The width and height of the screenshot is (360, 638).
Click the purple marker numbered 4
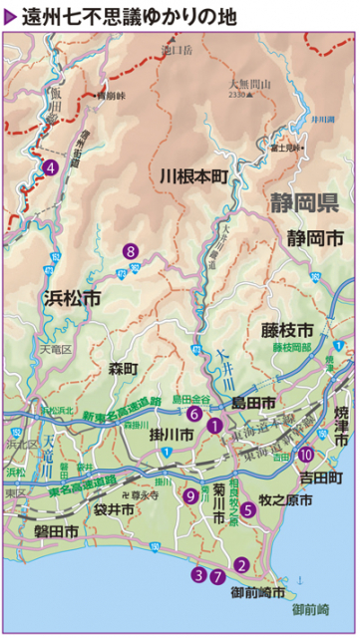coord(49,166)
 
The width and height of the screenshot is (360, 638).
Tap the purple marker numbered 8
coord(129,251)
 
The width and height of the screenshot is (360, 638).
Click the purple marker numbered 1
coord(214,425)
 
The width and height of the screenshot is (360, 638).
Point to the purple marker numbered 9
coord(190,495)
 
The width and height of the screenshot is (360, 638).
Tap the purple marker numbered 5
coord(248,508)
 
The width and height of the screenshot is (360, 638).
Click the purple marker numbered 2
coord(241,563)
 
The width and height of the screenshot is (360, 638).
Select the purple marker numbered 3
coord(199,574)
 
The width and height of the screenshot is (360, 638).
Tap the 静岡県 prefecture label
coord(305,204)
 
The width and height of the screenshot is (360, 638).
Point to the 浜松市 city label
coord(72,298)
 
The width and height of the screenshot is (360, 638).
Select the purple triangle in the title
coord(11,16)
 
